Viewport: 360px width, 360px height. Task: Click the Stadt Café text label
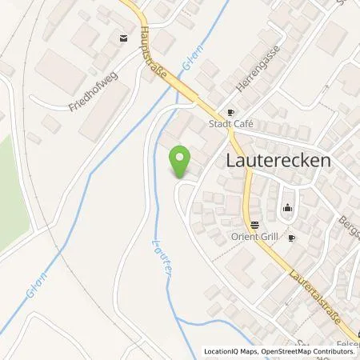[231, 125]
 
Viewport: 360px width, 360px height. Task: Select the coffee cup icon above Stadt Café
[231, 113]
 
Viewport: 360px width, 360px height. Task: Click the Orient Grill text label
[254, 237]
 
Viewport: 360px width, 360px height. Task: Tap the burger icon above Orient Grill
[254, 225]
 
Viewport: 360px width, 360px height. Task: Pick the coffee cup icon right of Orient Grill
[292, 238]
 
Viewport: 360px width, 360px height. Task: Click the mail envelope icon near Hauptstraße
[122, 38]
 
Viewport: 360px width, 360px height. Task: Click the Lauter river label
[158, 258]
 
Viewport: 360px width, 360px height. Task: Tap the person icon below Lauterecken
[288, 210]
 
